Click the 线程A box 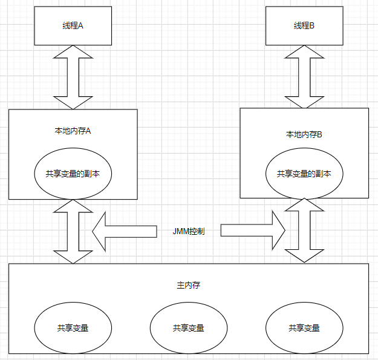[73, 26]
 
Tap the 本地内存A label [73, 131]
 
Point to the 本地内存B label [304, 134]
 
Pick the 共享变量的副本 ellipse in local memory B [304, 173]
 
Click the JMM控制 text [188, 231]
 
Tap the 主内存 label [188, 284]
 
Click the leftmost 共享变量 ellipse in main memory [73, 328]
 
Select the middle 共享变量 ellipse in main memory [188, 328]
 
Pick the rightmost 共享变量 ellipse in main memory [304, 328]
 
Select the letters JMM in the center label [180, 231]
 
